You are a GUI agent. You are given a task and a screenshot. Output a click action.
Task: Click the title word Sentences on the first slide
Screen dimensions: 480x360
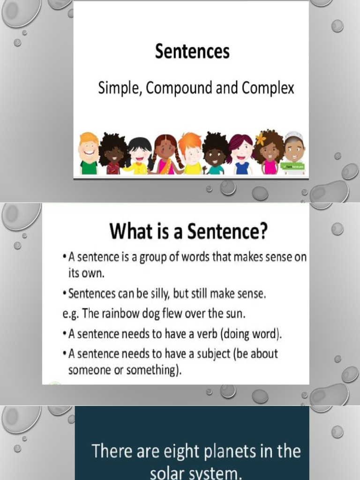(x=192, y=52)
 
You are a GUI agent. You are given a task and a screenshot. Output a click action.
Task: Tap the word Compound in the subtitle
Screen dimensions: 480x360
(x=181, y=88)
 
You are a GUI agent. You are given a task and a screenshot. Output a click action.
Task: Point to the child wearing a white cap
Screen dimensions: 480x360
(x=294, y=152)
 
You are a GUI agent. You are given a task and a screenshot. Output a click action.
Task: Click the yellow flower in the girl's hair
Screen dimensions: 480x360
(x=261, y=139)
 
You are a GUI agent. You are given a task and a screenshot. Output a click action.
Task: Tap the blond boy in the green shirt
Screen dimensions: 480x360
(x=89, y=154)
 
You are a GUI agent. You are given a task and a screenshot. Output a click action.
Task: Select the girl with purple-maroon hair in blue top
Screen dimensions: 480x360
(x=241, y=154)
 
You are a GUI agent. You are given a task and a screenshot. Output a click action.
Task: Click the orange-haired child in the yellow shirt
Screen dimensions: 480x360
(x=191, y=153)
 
